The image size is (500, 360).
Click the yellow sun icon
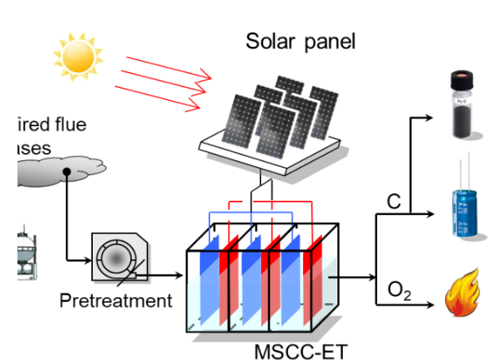tap(77, 54)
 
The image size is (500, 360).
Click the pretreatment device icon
tap(118, 257)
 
